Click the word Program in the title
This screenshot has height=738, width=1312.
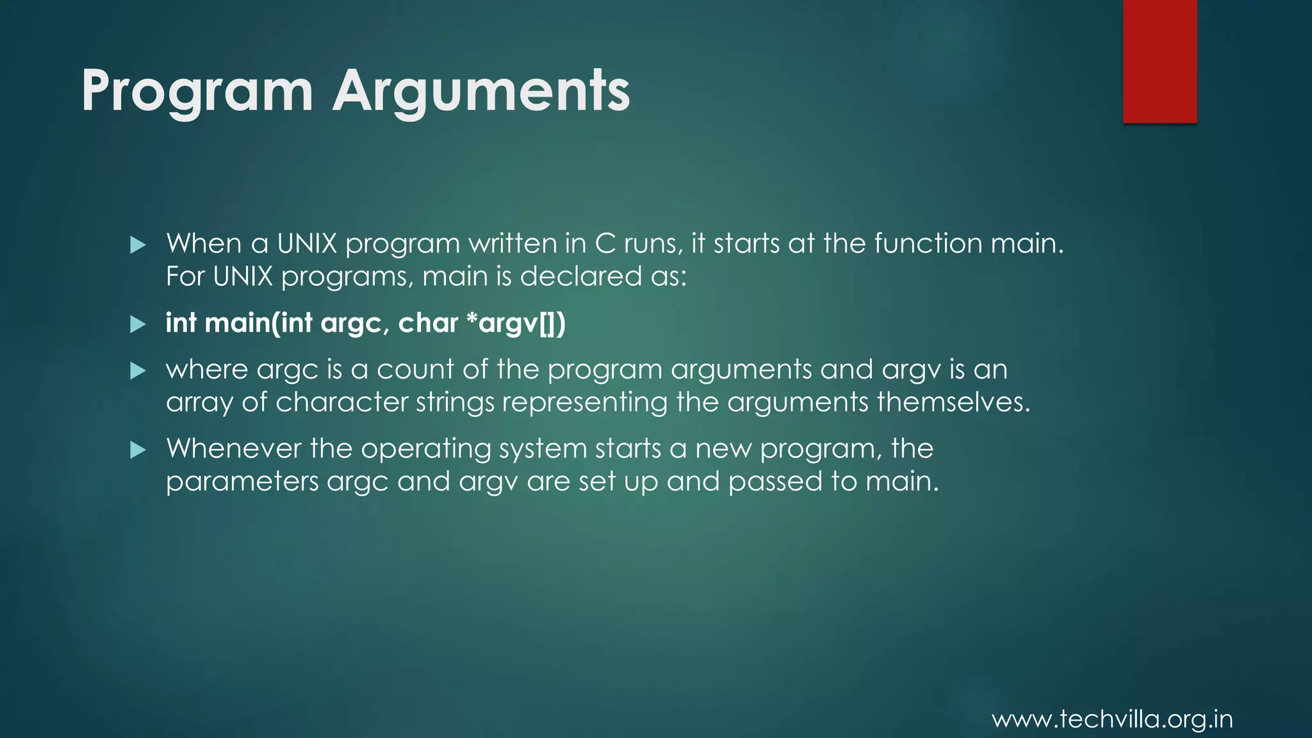click(x=197, y=92)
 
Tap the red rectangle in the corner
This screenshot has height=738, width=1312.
click(x=1160, y=61)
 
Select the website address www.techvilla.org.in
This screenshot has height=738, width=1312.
click(x=1112, y=719)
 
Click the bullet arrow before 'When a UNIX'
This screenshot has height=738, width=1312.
click(x=138, y=245)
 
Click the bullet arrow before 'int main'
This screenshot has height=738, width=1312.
click(x=138, y=324)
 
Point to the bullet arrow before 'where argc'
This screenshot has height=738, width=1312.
click(x=138, y=371)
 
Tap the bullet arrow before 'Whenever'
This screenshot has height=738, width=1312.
click(x=138, y=450)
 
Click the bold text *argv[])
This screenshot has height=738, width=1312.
click(x=516, y=323)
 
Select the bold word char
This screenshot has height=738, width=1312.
click(x=428, y=323)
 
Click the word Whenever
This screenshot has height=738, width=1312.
click(x=233, y=448)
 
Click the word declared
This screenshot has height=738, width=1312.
click(x=580, y=277)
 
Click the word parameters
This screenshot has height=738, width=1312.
click(x=242, y=482)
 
